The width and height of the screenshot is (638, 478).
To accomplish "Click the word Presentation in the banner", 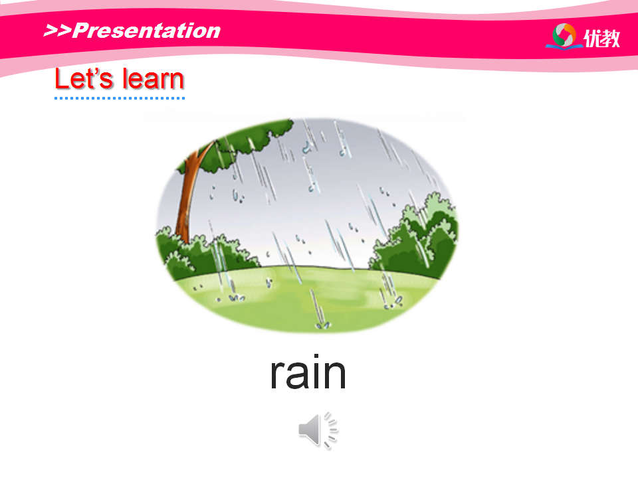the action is [x=147, y=31].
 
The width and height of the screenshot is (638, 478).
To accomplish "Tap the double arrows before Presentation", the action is [x=57, y=31].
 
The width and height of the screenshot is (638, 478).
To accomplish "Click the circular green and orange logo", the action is [x=564, y=35].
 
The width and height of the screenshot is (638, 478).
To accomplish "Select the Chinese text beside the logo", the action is [x=602, y=39].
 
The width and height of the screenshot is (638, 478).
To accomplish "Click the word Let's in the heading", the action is [x=84, y=78].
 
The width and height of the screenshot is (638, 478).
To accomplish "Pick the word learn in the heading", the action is [x=153, y=78].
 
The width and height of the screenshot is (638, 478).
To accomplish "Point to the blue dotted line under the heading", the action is [x=120, y=98].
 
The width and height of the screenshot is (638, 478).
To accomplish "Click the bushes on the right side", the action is [x=415, y=236].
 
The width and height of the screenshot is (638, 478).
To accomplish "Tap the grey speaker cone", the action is [x=310, y=430].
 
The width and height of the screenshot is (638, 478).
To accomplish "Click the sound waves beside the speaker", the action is [x=331, y=430].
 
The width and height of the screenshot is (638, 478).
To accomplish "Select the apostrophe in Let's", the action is [x=95, y=72].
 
